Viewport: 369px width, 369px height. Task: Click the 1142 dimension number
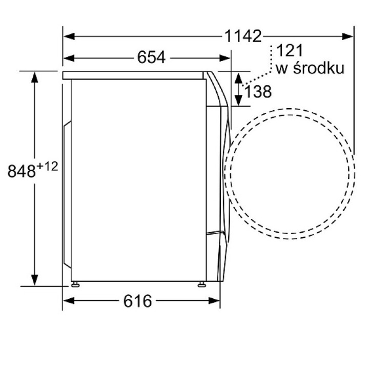(x=243, y=36)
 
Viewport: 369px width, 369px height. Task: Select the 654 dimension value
(x=151, y=57)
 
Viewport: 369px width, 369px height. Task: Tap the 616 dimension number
(x=138, y=301)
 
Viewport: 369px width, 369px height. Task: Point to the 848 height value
(x=22, y=171)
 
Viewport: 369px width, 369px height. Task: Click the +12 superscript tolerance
(x=47, y=167)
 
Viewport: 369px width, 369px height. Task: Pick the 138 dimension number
(x=258, y=91)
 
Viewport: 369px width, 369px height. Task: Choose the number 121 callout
(x=290, y=51)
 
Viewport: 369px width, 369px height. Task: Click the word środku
(x=319, y=68)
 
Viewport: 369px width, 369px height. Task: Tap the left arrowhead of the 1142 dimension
(x=69, y=36)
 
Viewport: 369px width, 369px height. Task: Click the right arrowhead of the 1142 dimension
(x=347, y=36)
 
